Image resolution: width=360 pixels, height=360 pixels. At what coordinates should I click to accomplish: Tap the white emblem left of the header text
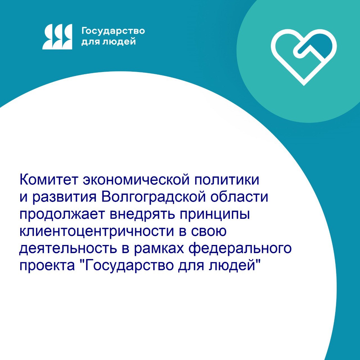pyautogui.click(x=57, y=37)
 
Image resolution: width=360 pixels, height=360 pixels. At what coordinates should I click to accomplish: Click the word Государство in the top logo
pyautogui.click(x=113, y=31)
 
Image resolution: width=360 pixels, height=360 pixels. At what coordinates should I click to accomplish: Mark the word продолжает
pyautogui.click(x=62, y=215)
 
